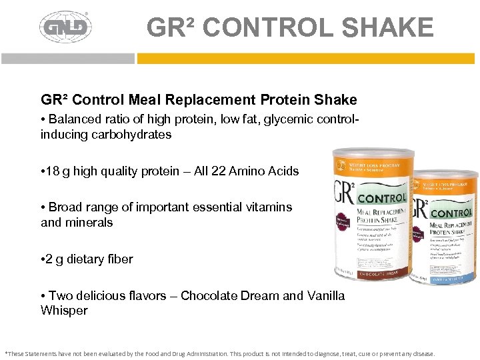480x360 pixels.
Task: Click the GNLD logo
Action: [x=65, y=27]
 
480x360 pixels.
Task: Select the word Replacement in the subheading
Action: [x=210, y=100]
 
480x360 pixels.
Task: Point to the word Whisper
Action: [x=64, y=311]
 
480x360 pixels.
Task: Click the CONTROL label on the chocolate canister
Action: [x=381, y=198]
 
